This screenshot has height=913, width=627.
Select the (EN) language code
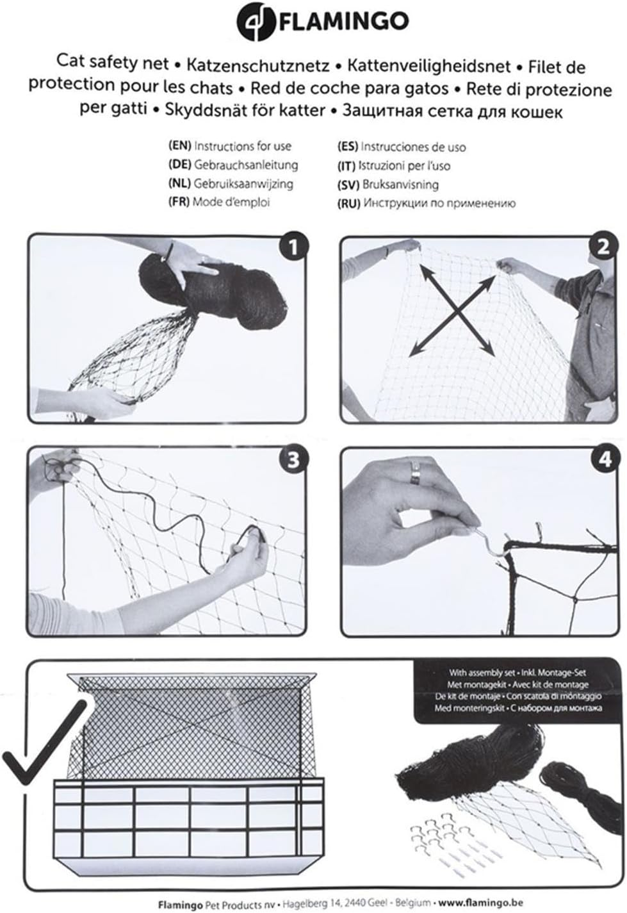point(179,146)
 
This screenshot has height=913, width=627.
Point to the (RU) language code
point(348,204)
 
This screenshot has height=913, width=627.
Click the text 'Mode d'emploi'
point(231,202)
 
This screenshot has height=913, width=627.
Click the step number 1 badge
point(293,247)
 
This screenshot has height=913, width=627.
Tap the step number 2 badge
point(603,247)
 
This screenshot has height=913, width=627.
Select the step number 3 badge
point(293,460)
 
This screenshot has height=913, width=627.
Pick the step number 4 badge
point(603,460)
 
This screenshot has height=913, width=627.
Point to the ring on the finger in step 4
point(417,473)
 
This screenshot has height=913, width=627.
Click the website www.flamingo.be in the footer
point(480,903)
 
